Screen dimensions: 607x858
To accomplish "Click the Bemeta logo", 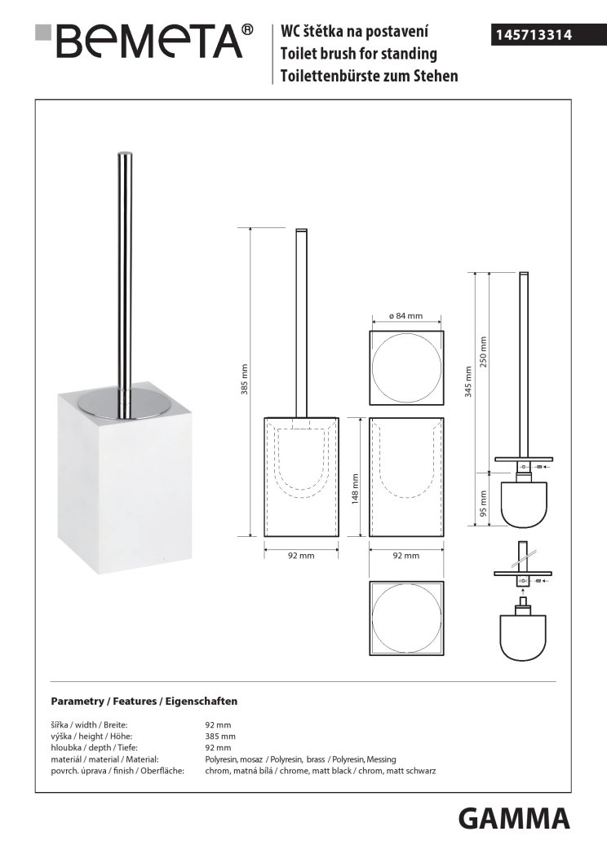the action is click(144, 41).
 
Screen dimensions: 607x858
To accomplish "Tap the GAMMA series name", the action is click(513, 819).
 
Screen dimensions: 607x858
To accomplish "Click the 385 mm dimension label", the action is click(244, 379).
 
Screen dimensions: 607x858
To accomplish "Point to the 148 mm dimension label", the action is click(355, 489).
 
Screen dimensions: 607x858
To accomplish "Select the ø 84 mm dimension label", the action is click(405, 315).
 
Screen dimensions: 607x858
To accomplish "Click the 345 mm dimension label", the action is click(468, 381).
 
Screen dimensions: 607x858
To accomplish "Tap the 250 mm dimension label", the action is click(483, 352).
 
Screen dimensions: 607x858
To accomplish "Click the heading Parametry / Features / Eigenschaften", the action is click(144, 701).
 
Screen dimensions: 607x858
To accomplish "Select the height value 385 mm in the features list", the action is click(220, 737).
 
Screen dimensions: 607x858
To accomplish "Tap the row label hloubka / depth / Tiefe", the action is click(94, 748).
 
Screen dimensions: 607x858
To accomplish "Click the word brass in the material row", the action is click(316, 759).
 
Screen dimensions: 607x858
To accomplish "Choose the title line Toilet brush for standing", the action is click(359, 54).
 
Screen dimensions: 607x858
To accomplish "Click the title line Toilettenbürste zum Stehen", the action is click(370, 76).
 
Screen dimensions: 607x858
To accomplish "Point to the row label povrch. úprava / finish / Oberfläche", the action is click(117, 771).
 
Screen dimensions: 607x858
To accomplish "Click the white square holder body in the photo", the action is click(116, 482).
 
